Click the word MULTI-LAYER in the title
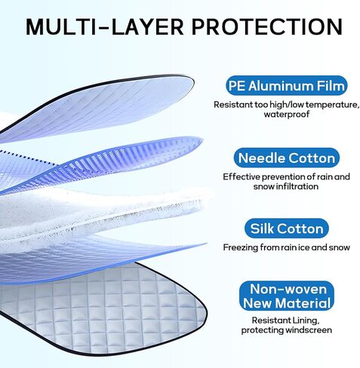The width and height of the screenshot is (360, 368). coord(105,26)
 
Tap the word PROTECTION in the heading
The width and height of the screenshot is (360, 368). coord(267,26)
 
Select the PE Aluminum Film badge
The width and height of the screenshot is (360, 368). coord(286,86)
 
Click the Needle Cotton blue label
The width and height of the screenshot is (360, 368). coord(287,158)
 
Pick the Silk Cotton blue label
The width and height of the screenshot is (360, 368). coord(287,228)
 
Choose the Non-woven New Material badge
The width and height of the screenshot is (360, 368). coord(287,296)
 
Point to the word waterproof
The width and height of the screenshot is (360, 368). coord(287,115)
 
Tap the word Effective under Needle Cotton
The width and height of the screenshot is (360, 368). coord(242,176)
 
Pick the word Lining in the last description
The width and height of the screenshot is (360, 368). coord(306,320)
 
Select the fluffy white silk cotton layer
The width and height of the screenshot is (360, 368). coord(100,213)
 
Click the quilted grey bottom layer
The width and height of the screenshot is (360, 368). coord(106,311)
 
